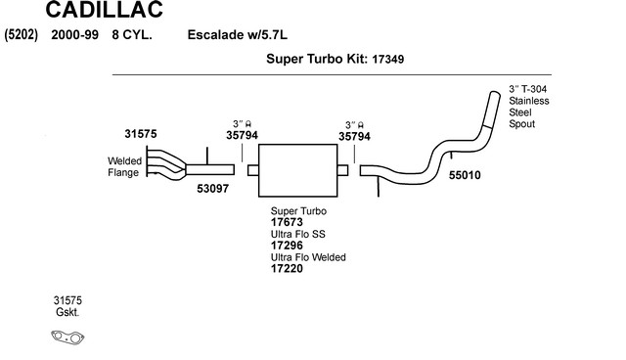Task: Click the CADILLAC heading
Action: click(105, 10)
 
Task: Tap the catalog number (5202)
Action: click(22, 34)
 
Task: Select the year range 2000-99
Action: click(74, 34)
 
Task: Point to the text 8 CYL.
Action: click(132, 34)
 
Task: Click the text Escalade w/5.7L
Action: click(237, 34)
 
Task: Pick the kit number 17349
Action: click(388, 60)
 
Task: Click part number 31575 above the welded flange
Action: click(141, 134)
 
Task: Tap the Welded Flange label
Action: click(124, 167)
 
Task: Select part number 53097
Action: click(213, 189)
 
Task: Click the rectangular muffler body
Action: click(297, 170)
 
